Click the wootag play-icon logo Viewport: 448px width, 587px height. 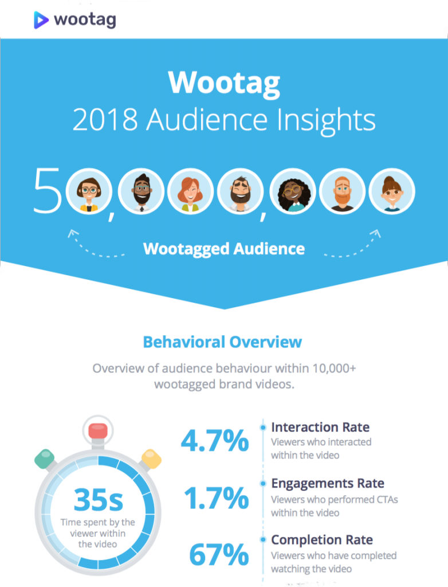coord(41,19)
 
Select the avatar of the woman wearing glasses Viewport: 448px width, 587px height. coord(89,191)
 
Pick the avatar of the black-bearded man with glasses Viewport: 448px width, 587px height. coord(140,191)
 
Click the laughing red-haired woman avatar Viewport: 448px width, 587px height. coord(190,191)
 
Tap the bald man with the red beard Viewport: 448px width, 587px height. coord(341,191)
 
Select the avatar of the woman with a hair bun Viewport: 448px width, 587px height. coord(392,191)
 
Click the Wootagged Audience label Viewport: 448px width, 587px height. coord(223,249)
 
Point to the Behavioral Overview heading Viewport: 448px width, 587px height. coord(222,342)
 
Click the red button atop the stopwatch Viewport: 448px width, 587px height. coord(98,430)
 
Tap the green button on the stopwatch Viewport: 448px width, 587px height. coord(45,458)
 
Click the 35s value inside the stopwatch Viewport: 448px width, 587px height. coord(98,500)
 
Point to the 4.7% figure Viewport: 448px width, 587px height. coord(215,441)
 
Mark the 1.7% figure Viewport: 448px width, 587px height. coord(217,499)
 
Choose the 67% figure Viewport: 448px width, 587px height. coord(219,555)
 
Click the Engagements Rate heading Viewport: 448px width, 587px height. coord(328,483)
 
